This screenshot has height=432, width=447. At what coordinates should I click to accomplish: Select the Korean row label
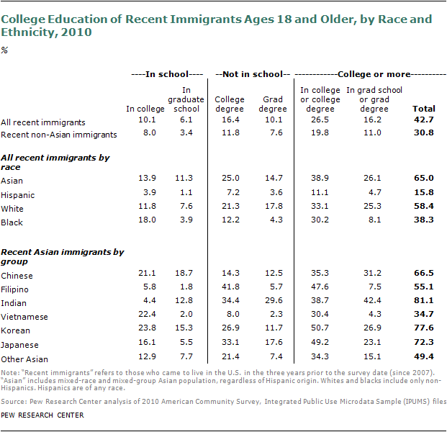(15, 331)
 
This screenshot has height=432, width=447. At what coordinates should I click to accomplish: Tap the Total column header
(423, 109)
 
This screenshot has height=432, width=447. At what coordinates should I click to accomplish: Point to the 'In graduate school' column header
(181, 99)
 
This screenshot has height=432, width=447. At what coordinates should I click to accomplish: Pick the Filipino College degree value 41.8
(230, 289)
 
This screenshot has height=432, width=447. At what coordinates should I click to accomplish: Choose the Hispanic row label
(18, 195)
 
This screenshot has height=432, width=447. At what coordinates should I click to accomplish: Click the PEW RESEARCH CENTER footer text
(42, 415)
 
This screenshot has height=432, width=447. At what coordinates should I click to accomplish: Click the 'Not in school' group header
(252, 74)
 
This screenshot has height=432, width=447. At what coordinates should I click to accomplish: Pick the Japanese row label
(19, 346)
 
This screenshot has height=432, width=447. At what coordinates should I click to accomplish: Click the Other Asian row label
(24, 359)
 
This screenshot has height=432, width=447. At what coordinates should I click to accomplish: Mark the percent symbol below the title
(4, 50)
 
